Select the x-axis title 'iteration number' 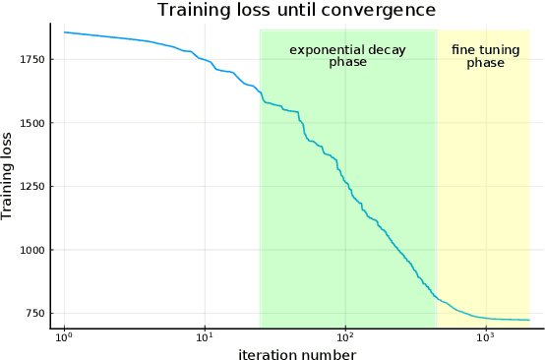tap(296, 353)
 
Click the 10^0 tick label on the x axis tap(64, 338)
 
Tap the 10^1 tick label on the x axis tap(205, 338)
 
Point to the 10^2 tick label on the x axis tap(345, 338)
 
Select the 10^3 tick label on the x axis tap(485, 338)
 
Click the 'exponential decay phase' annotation tap(347, 56)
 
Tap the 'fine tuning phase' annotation tap(485, 56)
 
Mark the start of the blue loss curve tap(64, 32)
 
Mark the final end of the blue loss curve tap(529, 320)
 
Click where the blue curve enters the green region tap(260, 95)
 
